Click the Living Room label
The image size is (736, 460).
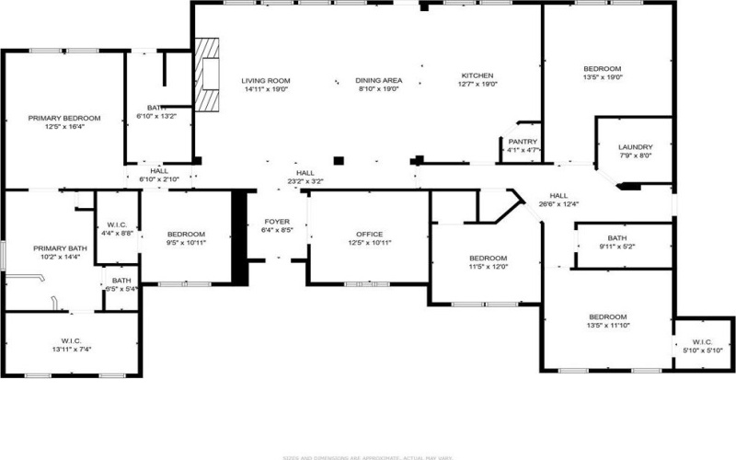(x=267, y=81)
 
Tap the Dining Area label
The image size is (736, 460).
(x=378, y=81)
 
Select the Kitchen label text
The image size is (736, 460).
(x=477, y=75)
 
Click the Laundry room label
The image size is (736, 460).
(x=635, y=147)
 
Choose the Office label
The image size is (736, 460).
(x=370, y=234)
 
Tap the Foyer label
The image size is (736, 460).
(x=277, y=222)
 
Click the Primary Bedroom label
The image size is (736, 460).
(x=63, y=118)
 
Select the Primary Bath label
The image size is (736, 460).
(x=60, y=247)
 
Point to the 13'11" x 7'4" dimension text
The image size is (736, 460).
(x=72, y=350)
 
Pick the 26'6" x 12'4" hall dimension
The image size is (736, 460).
(x=558, y=204)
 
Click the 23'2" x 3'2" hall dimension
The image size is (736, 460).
(x=305, y=182)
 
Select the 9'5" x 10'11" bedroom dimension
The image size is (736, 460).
(x=186, y=244)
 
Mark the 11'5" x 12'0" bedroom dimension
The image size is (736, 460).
(x=488, y=268)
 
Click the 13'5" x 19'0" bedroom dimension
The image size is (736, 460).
(x=603, y=79)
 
